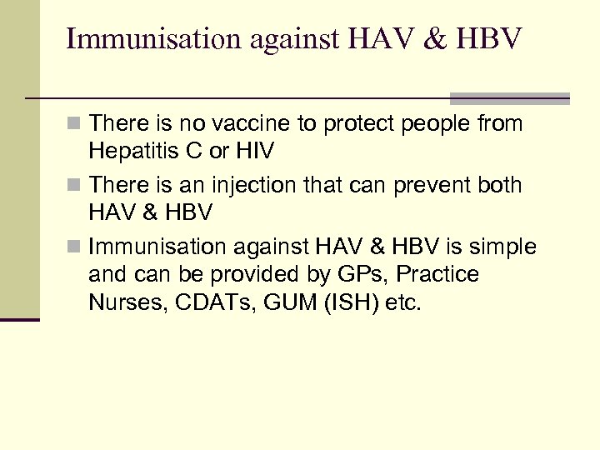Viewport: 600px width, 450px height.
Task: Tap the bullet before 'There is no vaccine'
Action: click(x=75, y=125)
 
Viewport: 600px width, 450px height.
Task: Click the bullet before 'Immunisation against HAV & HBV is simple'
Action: click(x=75, y=247)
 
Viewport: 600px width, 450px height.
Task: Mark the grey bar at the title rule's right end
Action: click(x=509, y=98)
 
